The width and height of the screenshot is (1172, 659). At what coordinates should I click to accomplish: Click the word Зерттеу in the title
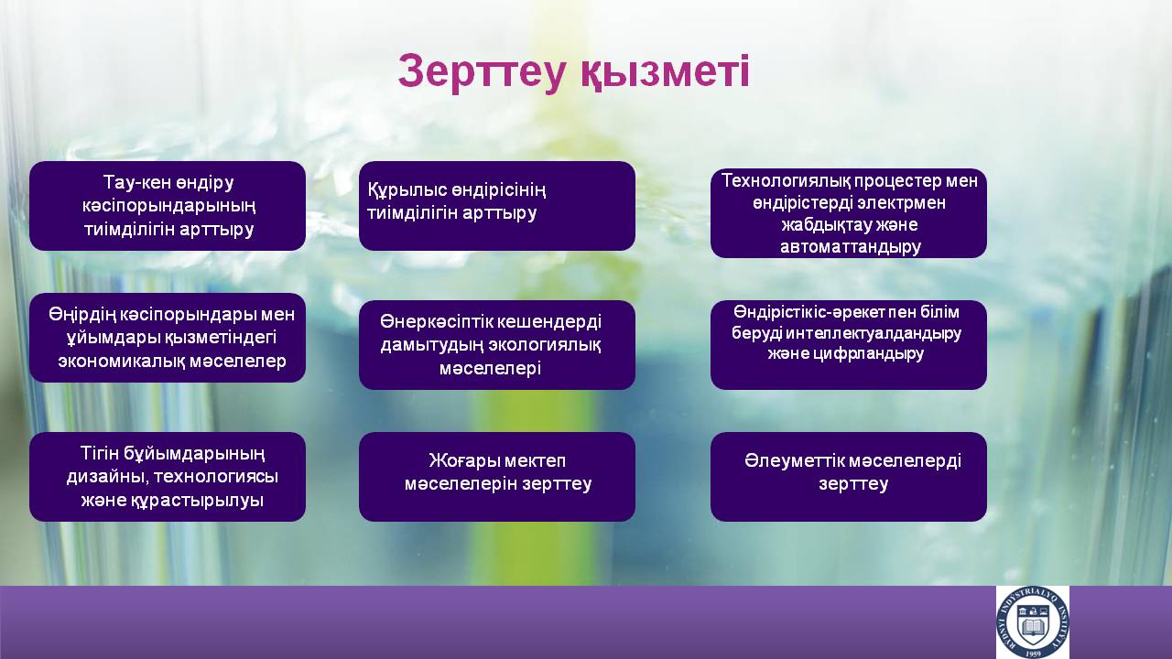[x=482, y=72]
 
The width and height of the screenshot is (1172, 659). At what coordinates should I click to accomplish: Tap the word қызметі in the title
[x=665, y=72]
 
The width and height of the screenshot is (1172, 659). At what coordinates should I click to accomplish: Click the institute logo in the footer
[x=1032, y=622]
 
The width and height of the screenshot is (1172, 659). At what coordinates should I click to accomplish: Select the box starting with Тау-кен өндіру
[x=168, y=206]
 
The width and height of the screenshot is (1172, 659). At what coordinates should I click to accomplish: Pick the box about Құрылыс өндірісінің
[x=497, y=206]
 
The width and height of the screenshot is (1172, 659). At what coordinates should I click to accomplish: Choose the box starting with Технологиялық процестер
[x=849, y=213]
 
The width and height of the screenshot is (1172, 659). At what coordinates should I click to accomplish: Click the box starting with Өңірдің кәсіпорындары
[x=168, y=338]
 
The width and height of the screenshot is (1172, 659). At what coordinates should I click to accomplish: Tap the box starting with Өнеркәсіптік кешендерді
[x=497, y=345]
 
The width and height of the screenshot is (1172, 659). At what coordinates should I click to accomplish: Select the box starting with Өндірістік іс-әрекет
[x=849, y=345]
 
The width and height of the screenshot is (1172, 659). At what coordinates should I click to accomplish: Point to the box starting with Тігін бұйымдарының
[x=168, y=477]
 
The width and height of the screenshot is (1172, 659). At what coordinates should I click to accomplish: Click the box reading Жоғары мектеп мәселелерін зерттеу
[x=497, y=477]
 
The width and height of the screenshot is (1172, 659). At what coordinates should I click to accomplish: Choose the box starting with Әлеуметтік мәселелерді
[x=849, y=477]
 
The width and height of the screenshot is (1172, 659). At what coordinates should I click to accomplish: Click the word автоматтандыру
[x=851, y=247]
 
